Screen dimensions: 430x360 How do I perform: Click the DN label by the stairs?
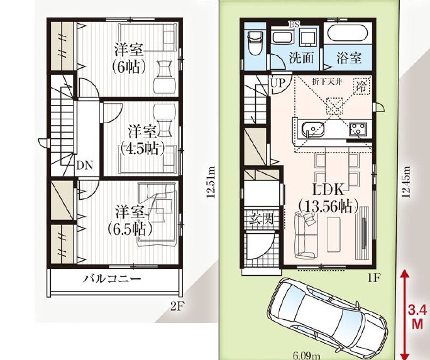(x=85, y=165)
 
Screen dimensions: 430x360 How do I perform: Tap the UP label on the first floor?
(x=278, y=83)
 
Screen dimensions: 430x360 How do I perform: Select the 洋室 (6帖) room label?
(x=129, y=58)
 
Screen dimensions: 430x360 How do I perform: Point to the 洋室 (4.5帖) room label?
(x=143, y=140)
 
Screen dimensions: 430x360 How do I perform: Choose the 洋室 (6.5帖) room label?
(x=130, y=221)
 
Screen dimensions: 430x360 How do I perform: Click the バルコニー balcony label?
(x=113, y=279)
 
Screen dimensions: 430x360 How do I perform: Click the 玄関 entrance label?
(x=262, y=219)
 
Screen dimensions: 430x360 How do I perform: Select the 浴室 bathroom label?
(x=349, y=58)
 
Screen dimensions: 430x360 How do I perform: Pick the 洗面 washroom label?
(x=301, y=58)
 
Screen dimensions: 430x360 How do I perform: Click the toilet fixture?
(x=255, y=44)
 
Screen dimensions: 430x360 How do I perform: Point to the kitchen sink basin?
(x=312, y=129)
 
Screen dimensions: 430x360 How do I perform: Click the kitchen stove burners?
(x=358, y=129)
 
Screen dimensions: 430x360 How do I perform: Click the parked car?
(x=328, y=317)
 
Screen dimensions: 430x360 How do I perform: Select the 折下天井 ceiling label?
(x=327, y=82)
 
